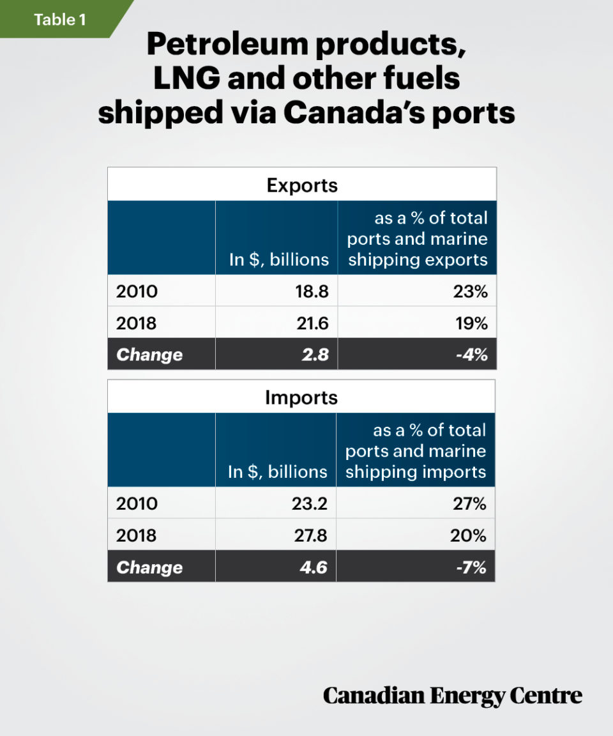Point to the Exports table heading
pyautogui.click(x=301, y=185)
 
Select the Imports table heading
pyautogui.click(x=301, y=397)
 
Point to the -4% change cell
pyautogui.click(x=471, y=355)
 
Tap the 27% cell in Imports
pyautogui.click(x=471, y=504)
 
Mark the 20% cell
pyautogui.click(x=471, y=535)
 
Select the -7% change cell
pyautogui.click(x=471, y=567)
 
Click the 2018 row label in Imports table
pyautogui.click(x=136, y=535)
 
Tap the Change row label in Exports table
pyautogui.click(x=149, y=355)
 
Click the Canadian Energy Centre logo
pyautogui.click(x=452, y=696)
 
